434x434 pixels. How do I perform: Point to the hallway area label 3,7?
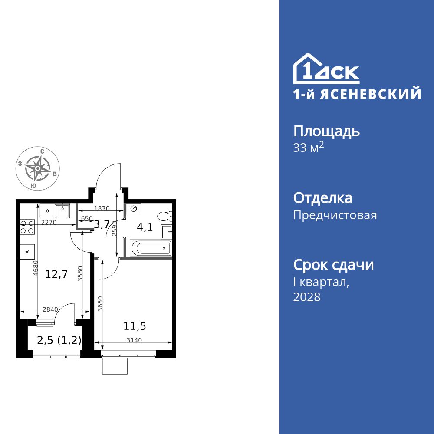pos(102,224)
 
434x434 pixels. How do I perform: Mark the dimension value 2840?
pos(50,309)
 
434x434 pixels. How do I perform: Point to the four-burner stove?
pos(27,227)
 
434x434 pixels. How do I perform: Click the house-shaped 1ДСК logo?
pos(326,69)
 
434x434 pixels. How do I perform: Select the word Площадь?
pos(326,131)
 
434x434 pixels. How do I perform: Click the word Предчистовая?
pos(335,215)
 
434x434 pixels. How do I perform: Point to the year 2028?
pos(307,297)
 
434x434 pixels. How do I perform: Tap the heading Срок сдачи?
pos(333,265)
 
